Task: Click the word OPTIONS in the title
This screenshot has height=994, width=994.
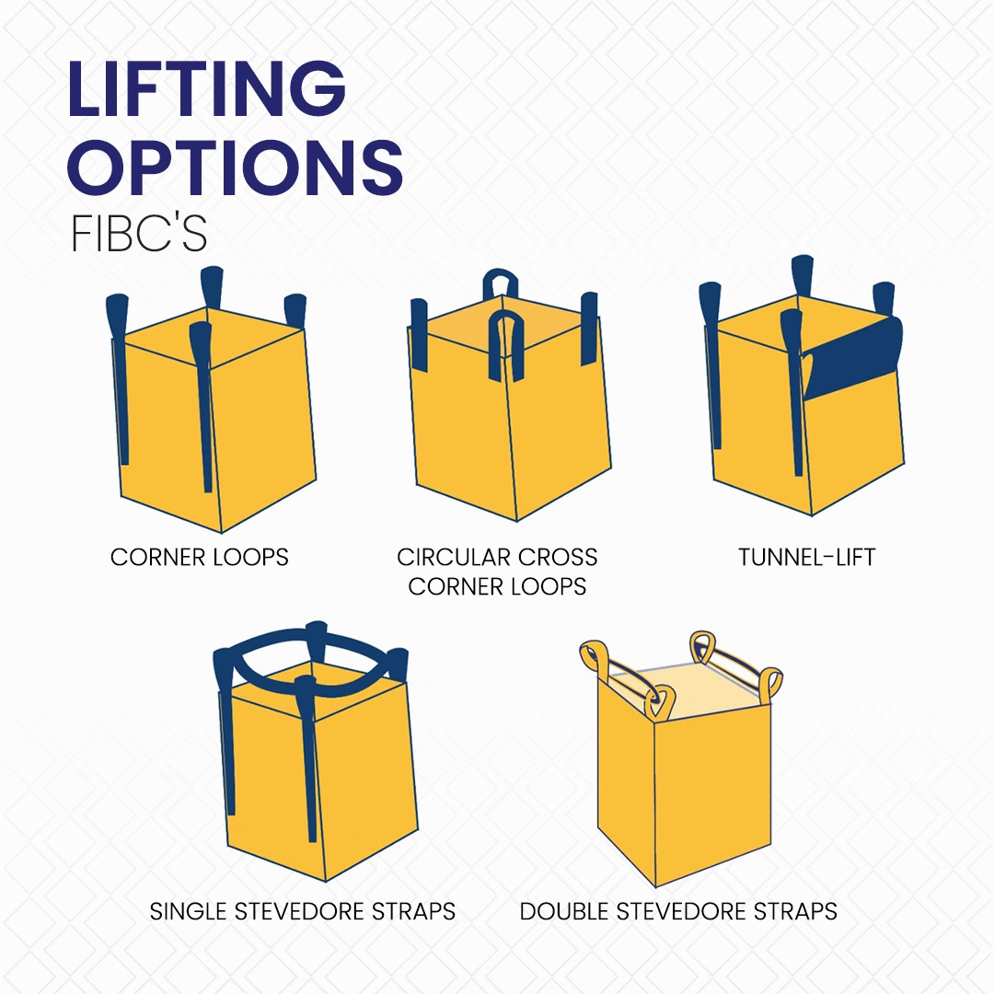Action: pos(237,168)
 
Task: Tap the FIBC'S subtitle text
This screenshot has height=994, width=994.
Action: pos(139,235)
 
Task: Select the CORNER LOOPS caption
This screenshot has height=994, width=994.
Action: pos(200,557)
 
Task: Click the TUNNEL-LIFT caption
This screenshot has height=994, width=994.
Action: pos(806,557)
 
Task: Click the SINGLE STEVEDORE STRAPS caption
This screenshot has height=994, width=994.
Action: pos(303,911)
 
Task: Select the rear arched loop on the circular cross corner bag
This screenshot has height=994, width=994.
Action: pos(502,280)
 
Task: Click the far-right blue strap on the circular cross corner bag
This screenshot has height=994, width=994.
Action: pos(589,327)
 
